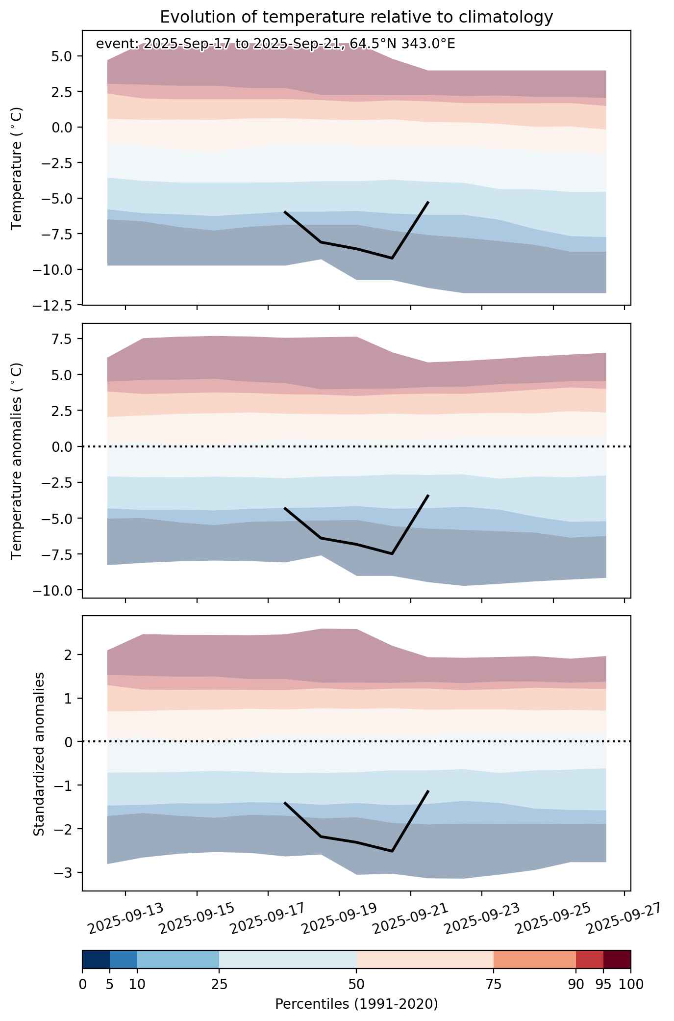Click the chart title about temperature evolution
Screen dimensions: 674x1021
(356, 17)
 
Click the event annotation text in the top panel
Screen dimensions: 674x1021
(275, 44)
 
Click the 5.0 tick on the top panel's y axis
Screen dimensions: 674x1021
(62, 56)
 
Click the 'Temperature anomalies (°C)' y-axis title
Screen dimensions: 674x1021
(17, 461)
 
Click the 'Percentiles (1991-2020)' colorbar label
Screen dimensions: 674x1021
(356, 1004)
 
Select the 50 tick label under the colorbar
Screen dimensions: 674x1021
(356, 985)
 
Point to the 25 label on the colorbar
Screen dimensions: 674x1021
(219, 985)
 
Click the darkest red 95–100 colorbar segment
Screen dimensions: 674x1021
(617, 960)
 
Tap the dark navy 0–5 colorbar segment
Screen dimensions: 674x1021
(96, 960)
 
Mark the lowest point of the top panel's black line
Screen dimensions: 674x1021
(392, 258)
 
